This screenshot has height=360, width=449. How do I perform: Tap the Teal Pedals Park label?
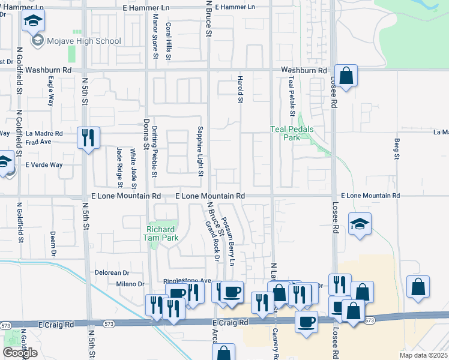point(292,133)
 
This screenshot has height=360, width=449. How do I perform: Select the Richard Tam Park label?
point(161,233)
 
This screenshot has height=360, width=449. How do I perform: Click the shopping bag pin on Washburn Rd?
point(346,76)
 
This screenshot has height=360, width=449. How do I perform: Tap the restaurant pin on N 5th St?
point(89,139)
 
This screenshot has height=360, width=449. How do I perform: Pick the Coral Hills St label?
point(169,41)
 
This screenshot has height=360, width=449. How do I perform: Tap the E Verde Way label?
point(44,164)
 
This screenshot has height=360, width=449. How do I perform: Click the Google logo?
point(20,352)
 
